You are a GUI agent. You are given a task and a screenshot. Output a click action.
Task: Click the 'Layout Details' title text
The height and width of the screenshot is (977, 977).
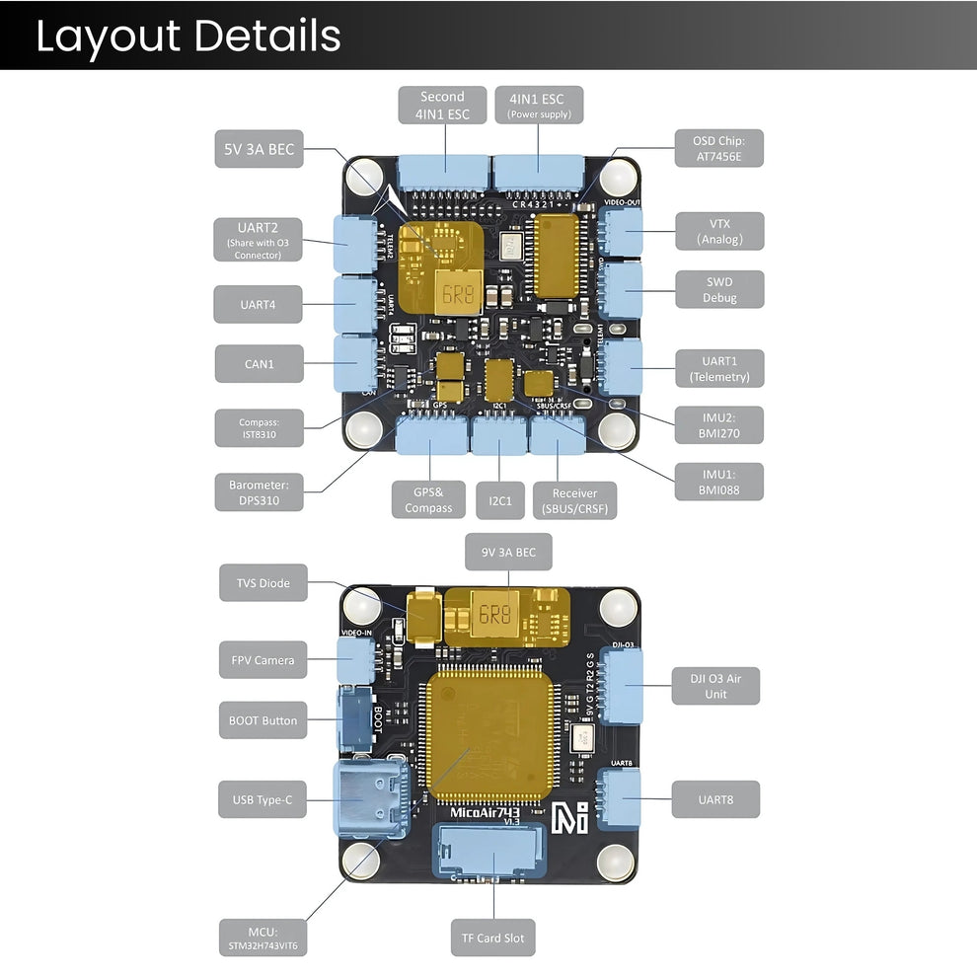point(188,36)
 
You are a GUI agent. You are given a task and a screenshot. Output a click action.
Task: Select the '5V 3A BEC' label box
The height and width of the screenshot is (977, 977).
point(258,151)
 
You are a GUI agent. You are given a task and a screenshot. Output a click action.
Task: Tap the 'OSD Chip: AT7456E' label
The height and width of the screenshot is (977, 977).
point(719,147)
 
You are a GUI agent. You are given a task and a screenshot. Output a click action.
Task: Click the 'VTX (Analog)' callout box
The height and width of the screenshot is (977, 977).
point(719,231)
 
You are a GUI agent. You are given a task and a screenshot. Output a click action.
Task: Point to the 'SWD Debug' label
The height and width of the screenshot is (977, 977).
point(719,289)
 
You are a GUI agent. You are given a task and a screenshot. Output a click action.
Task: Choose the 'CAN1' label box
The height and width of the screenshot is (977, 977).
point(259,364)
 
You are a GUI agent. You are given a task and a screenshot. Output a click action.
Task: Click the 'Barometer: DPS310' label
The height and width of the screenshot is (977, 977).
point(259,492)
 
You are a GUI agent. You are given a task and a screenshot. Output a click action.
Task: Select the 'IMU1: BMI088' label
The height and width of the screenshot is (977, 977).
point(719,482)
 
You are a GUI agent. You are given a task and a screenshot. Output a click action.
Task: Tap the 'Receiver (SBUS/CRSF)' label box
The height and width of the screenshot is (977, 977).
point(574,500)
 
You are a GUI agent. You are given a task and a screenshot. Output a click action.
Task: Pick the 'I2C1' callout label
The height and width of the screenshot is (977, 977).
point(500,500)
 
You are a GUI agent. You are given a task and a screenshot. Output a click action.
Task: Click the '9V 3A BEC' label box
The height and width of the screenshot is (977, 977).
point(509,553)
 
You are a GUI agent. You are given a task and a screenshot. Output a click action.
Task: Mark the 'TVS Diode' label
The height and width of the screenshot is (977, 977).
point(263,583)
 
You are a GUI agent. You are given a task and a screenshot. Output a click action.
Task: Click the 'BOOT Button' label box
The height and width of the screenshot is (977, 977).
point(262,720)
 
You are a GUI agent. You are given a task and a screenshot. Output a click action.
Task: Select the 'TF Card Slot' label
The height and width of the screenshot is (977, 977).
point(493,938)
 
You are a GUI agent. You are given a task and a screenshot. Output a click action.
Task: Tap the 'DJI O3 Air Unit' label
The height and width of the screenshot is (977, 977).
point(715,686)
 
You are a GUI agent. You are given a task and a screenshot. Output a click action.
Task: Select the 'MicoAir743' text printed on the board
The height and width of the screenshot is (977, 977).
point(489,812)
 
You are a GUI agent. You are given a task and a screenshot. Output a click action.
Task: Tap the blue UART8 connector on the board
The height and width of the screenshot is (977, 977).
point(620,797)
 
